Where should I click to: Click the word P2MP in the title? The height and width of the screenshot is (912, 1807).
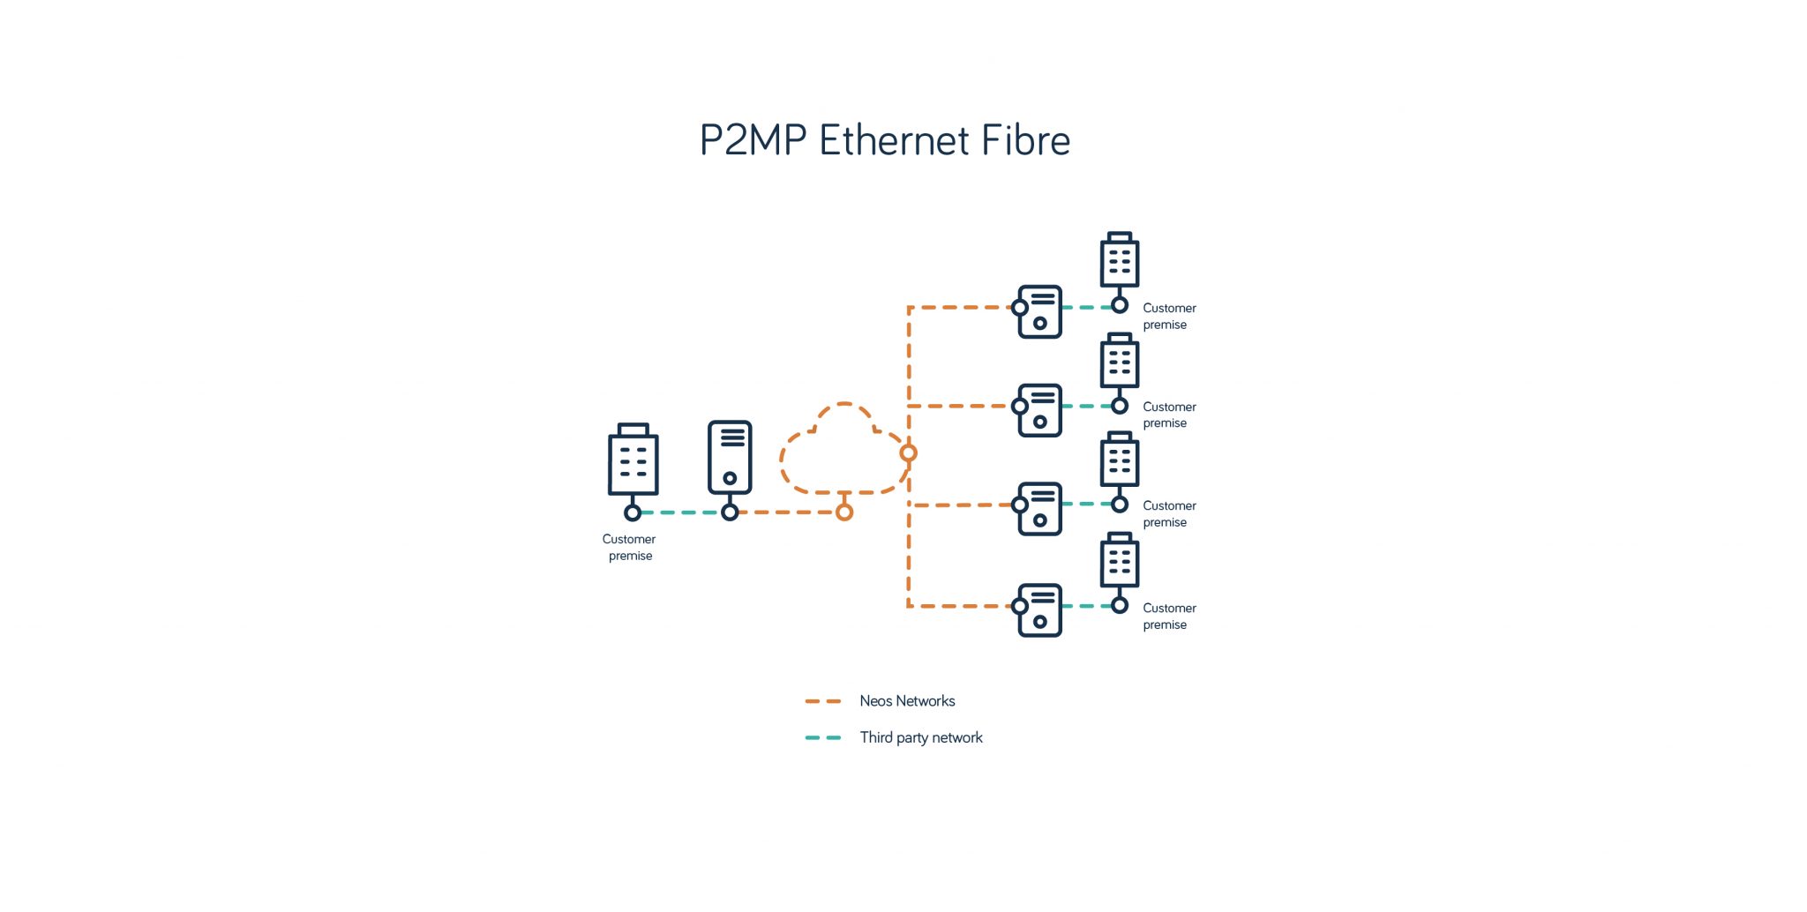tap(753, 140)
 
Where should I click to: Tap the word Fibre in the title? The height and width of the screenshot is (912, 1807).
tap(1025, 140)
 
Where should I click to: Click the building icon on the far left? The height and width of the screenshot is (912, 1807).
tap(633, 460)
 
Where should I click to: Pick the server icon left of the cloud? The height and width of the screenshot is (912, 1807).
tap(730, 458)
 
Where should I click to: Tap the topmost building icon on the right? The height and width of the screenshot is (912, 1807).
tap(1120, 260)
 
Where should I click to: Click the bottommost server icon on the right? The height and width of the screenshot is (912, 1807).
tap(1040, 609)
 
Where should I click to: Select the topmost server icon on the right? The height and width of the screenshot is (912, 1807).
tap(1040, 311)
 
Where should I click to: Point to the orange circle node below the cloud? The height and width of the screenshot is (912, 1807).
tap(844, 512)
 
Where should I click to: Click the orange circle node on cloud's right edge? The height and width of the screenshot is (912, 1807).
tap(908, 453)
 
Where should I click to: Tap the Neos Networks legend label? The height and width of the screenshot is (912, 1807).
tap(907, 701)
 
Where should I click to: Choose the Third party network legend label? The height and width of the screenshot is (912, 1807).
tap(920, 737)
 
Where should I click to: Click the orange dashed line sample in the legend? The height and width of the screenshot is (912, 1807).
tap(823, 701)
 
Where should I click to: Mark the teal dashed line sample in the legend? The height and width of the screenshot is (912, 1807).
tap(823, 737)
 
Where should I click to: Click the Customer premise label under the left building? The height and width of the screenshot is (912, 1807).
tap(629, 547)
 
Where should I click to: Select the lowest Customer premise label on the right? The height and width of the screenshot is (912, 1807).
tap(1169, 616)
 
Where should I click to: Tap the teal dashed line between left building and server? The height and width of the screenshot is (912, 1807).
tap(681, 512)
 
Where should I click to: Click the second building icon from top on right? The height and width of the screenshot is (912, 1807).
tap(1120, 361)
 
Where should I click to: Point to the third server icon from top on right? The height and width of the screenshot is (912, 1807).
tap(1040, 509)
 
